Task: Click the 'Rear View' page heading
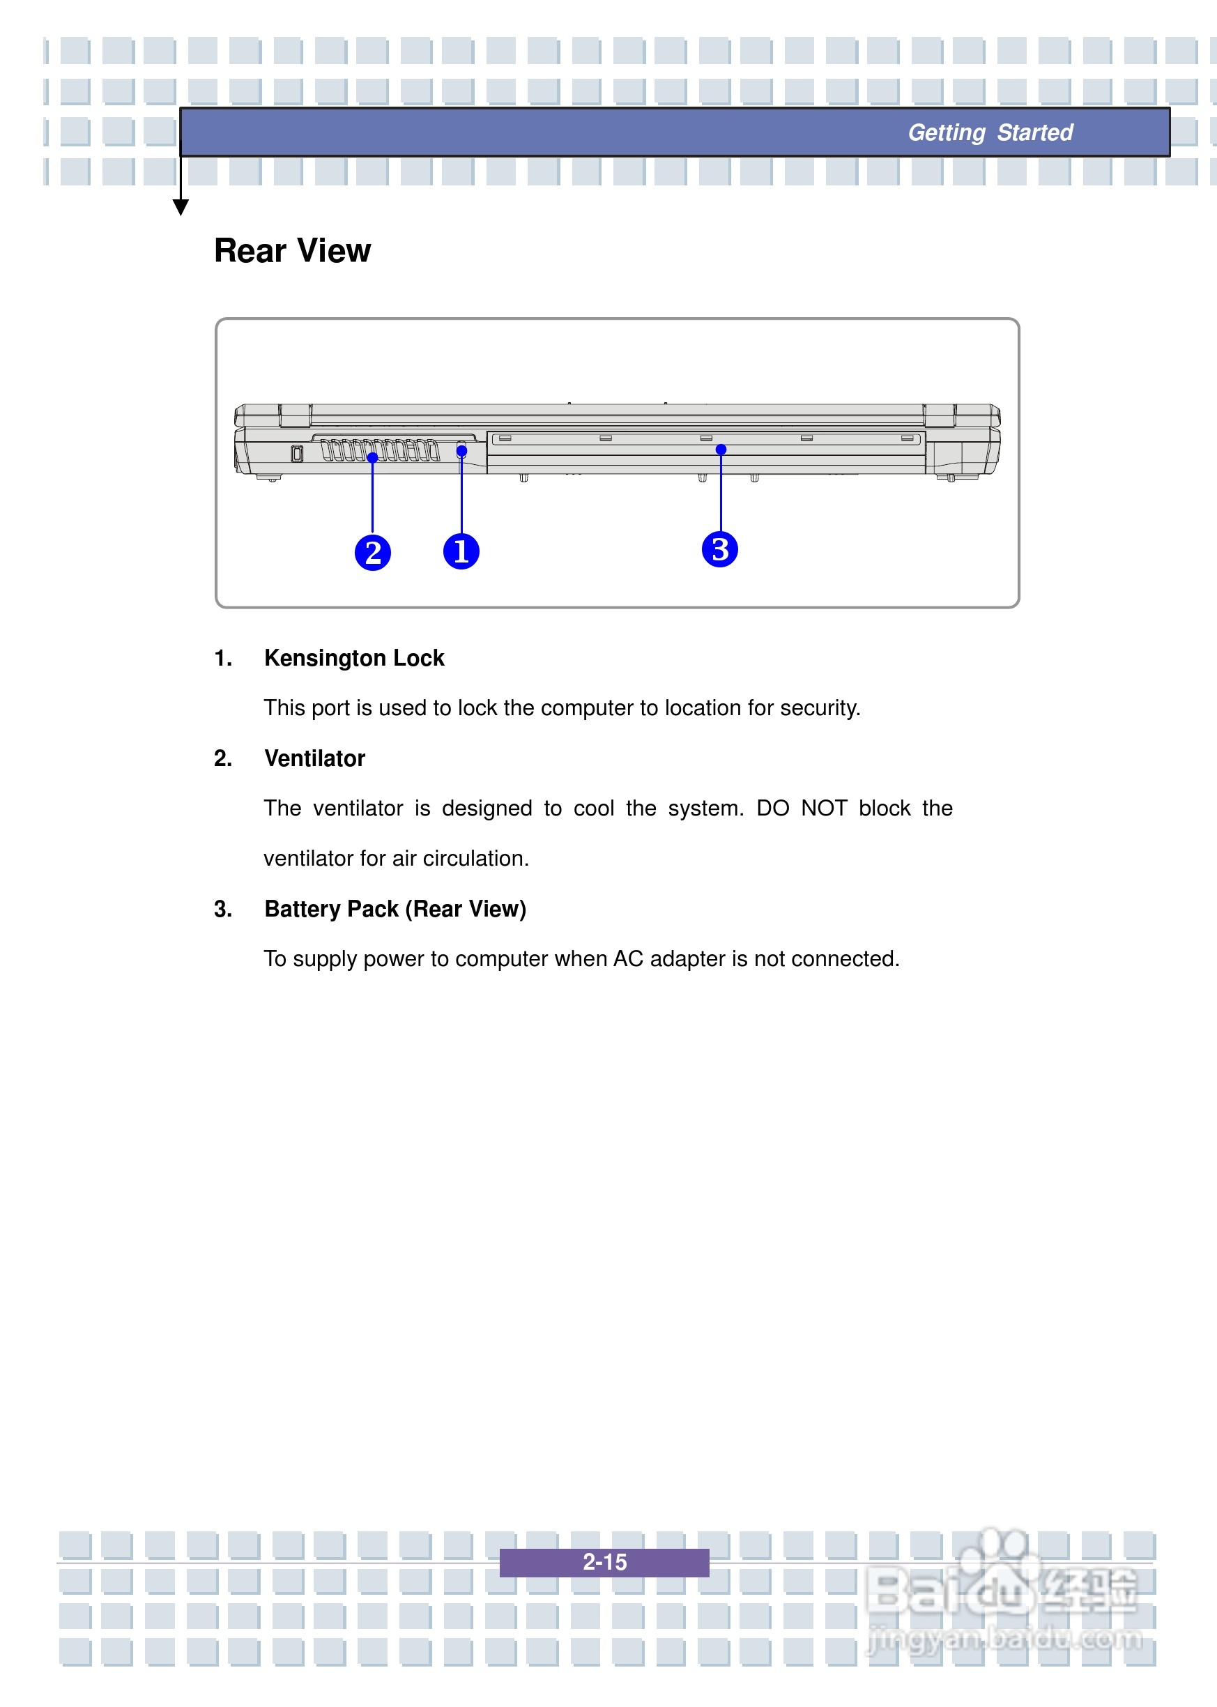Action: (292, 251)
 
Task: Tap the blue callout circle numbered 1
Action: (461, 551)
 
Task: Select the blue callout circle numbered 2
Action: (372, 553)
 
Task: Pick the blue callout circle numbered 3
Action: (719, 549)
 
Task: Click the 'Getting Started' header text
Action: (990, 132)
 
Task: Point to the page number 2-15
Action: (604, 1561)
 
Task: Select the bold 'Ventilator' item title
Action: (315, 758)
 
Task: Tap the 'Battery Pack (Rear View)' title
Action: (395, 909)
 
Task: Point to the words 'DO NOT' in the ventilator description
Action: (801, 809)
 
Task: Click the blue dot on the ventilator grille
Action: (372, 457)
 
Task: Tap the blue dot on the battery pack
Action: (721, 450)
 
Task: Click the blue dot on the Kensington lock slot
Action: (461, 451)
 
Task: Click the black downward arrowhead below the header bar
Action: (181, 207)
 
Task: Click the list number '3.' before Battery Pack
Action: (223, 909)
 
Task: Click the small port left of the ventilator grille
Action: (297, 453)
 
